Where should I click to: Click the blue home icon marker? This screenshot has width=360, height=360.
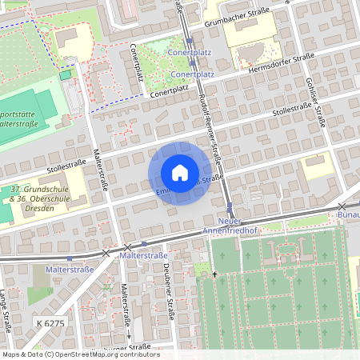(x=180, y=173)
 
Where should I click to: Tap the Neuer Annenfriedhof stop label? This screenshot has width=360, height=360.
(x=230, y=226)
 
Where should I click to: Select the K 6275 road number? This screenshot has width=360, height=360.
(x=50, y=322)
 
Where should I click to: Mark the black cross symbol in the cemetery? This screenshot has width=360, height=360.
(x=214, y=275)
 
